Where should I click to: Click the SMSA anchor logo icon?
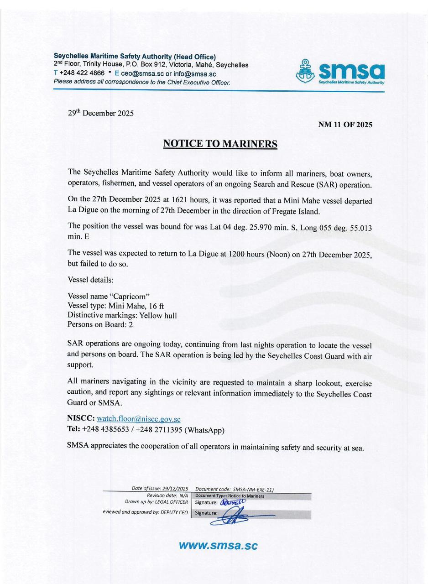(x=306, y=71)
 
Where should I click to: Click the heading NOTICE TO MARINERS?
(x=220, y=144)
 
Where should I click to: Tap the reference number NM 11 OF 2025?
(x=345, y=125)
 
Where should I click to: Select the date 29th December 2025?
(x=101, y=113)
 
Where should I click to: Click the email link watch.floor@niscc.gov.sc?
(x=139, y=418)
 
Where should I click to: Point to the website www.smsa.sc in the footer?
(x=218, y=545)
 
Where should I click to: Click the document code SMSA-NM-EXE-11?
(x=252, y=489)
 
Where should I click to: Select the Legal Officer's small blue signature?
(x=233, y=502)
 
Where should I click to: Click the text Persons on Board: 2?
(x=100, y=325)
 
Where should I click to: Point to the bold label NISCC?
(x=81, y=418)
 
